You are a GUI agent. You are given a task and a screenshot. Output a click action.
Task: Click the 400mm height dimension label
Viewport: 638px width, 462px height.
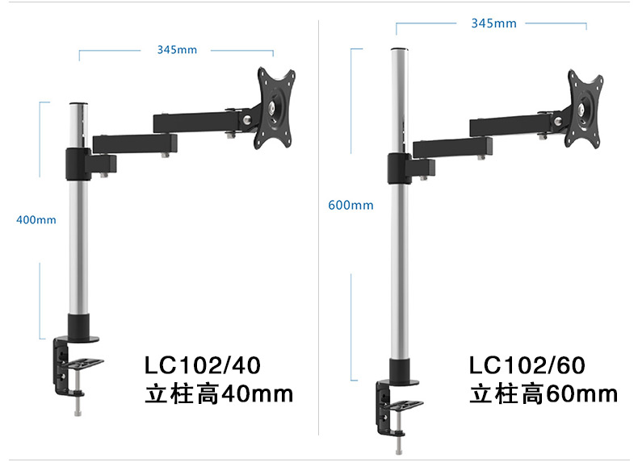pyautogui.click(x=36, y=220)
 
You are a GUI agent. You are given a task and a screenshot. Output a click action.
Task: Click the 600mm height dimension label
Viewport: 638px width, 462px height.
pyautogui.click(x=350, y=205)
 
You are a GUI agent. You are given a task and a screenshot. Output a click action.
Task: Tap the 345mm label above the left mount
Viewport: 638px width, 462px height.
pyautogui.click(x=177, y=49)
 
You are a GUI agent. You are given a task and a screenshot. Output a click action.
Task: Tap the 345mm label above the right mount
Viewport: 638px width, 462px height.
pyautogui.click(x=493, y=23)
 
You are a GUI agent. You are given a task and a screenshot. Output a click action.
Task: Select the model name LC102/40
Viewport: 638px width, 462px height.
pyautogui.click(x=203, y=365)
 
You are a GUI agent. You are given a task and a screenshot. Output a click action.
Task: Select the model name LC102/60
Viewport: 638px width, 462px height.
pyautogui.click(x=527, y=365)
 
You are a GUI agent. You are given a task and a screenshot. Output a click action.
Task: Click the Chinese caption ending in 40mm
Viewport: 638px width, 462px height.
pyautogui.click(x=219, y=393)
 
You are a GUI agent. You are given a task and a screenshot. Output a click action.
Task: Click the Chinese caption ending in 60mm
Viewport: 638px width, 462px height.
pyautogui.click(x=544, y=393)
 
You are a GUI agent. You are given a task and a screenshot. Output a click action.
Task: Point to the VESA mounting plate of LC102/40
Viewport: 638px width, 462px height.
pyautogui.click(x=275, y=108)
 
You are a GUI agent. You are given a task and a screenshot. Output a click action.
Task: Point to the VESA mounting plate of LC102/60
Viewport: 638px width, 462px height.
pyautogui.click(x=584, y=109)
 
